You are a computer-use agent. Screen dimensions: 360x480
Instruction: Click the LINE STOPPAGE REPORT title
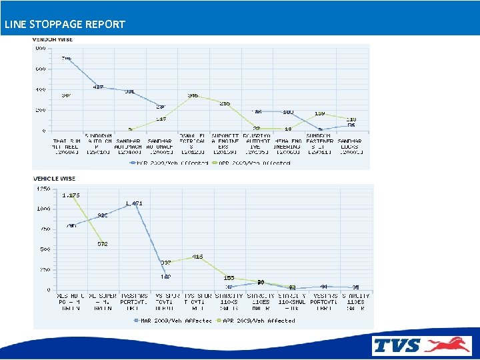pos(64,24)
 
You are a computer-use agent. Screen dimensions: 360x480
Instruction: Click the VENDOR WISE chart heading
pos(53,39)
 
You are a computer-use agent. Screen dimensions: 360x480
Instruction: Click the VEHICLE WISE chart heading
pos(54,179)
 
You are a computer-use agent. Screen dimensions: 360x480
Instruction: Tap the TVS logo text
pos(397,345)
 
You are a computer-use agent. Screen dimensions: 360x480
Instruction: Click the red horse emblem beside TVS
pos(447,345)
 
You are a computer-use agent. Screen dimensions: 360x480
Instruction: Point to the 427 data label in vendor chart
pos(98,87)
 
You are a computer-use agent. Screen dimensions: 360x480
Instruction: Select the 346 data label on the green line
pos(193,96)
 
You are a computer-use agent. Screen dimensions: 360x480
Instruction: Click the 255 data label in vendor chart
pos(225,103)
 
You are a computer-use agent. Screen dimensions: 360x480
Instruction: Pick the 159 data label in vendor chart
pos(319,113)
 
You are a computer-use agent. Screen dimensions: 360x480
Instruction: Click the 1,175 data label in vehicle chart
pos(71,195)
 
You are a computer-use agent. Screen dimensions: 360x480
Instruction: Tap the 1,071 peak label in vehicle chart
pos(133,203)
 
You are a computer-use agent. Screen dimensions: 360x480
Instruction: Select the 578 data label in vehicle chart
pos(102,244)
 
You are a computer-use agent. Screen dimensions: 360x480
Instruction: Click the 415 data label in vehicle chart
pos(197,257)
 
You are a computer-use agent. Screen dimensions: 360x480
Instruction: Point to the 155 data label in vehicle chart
pos(229,277)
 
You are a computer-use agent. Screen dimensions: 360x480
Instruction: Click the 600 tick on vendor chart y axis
pos(41,69)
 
